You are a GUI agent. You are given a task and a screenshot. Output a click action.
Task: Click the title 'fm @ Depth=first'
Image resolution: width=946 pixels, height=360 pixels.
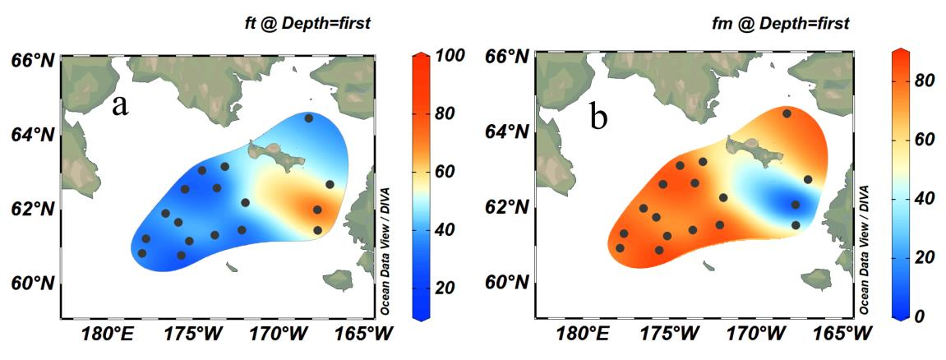coord(791,25)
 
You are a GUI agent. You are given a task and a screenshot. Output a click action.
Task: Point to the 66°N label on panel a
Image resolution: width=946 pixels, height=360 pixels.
coord(32,59)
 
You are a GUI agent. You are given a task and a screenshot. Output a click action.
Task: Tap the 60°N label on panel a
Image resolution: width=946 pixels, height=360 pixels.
coord(32,284)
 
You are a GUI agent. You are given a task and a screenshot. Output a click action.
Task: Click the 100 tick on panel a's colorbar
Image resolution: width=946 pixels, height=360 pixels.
coord(451,57)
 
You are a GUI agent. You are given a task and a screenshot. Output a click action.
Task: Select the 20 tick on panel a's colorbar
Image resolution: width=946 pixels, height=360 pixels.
coord(446,288)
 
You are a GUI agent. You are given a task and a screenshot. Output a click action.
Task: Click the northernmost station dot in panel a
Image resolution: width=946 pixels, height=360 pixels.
coord(309,118)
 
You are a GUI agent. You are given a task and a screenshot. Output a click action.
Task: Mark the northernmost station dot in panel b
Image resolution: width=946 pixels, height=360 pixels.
coord(787,113)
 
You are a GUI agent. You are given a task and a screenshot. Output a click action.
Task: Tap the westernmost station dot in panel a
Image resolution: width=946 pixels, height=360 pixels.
coord(142,253)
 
